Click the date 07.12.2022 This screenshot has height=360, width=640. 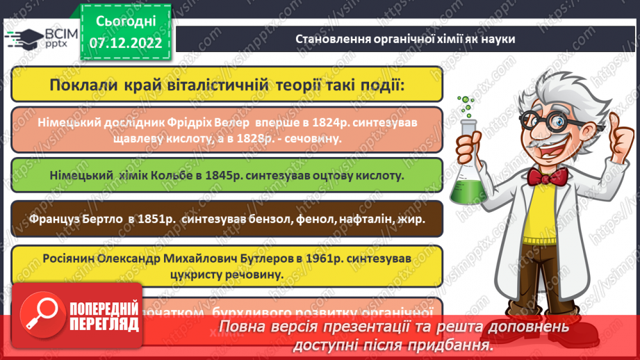tap(125, 42)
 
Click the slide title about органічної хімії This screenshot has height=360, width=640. tap(406, 39)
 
